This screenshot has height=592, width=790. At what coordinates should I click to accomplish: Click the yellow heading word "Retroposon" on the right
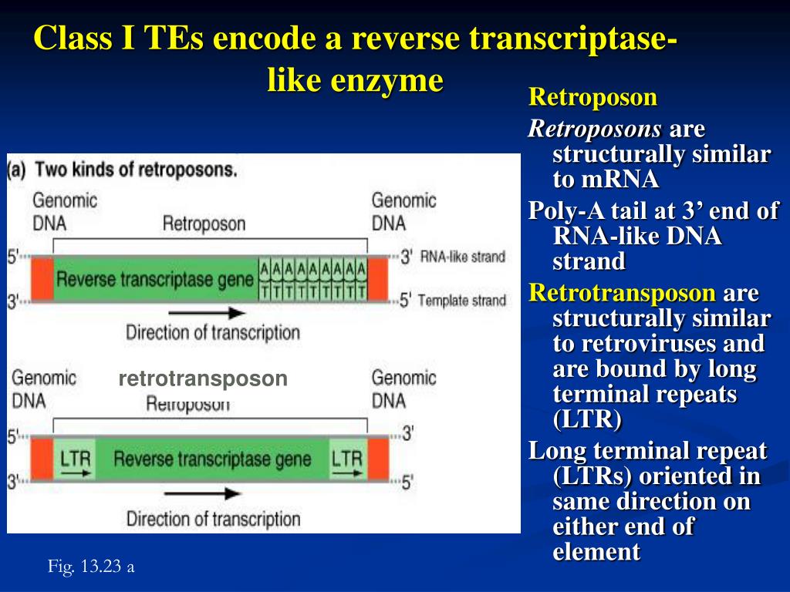pyautogui.click(x=592, y=98)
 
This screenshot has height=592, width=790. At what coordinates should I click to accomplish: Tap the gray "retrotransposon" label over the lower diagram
pyautogui.click(x=203, y=378)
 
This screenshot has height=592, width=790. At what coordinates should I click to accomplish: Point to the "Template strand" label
pyautogui.click(x=462, y=301)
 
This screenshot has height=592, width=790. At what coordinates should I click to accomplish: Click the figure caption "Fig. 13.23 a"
pyautogui.click(x=91, y=567)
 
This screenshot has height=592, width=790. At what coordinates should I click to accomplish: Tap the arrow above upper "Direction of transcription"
pyautogui.click(x=207, y=314)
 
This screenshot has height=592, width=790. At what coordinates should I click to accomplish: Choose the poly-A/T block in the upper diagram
pyautogui.click(x=312, y=279)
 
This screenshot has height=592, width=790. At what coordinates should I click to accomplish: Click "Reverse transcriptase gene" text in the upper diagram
pyautogui.click(x=155, y=279)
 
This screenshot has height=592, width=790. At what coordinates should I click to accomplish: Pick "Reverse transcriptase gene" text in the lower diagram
pyautogui.click(x=212, y=460)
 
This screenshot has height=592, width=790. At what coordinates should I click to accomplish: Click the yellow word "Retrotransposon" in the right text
pyautogui.click(x=623, y=294)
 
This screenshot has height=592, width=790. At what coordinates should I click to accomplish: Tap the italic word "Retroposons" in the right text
pyautogui.click(x=595, y=129)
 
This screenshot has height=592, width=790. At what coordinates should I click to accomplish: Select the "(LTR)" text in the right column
pyautogui.click(x=587, y=420)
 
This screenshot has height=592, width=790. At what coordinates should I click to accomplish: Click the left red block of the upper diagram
pyautogui.click(x=42, y=279)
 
